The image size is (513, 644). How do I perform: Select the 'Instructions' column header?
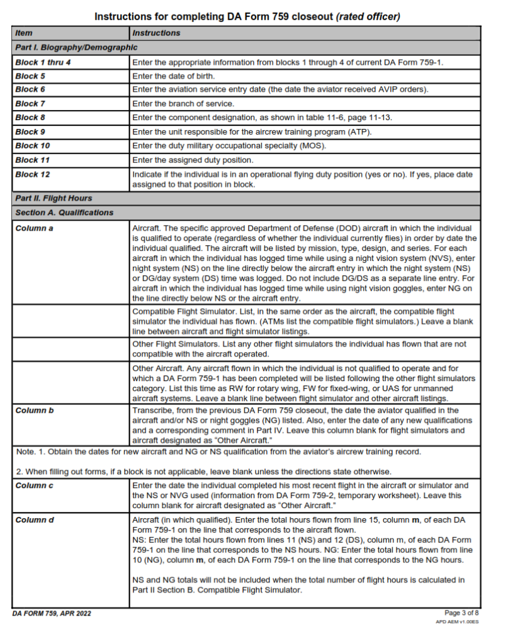156,33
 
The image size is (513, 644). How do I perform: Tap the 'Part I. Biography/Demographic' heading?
76,47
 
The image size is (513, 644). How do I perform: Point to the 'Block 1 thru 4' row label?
43,62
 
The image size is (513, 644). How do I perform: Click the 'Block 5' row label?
30,76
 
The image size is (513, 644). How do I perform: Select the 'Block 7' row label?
30,104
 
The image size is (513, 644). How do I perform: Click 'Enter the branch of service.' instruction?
183,104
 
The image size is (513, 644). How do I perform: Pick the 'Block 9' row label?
30,131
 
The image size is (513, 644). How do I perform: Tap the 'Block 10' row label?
33,145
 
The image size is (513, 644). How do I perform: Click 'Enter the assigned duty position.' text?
193,160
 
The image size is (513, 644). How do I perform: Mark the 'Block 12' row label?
33,174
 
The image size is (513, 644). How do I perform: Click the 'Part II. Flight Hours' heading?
54,198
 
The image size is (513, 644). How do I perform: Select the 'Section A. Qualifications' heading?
64,213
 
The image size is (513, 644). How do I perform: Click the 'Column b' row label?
34,410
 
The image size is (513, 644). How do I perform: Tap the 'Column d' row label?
34,519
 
